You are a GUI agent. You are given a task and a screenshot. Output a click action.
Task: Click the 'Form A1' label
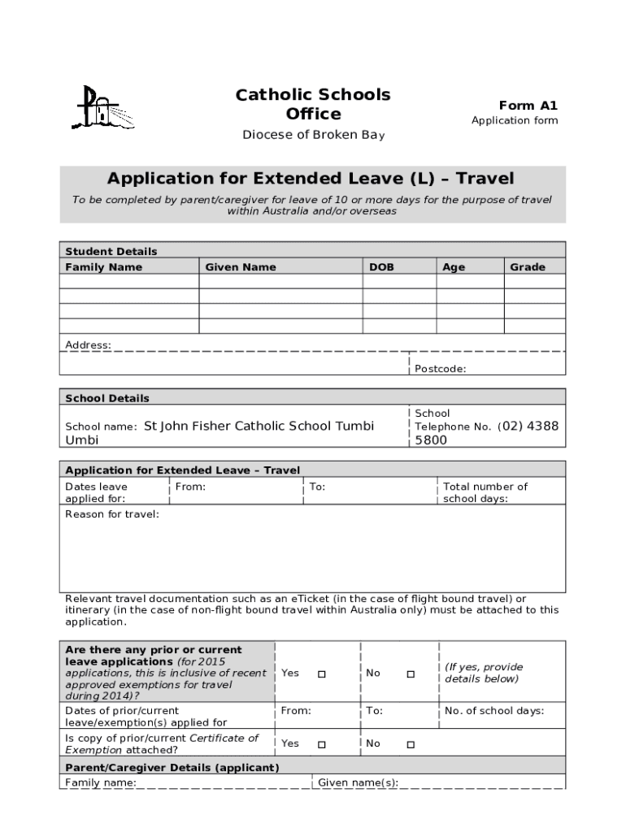(528, 105)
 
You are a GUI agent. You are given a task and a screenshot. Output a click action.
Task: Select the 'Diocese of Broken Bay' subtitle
(313, 135)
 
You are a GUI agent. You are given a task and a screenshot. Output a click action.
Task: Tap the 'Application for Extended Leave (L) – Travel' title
(311, 178)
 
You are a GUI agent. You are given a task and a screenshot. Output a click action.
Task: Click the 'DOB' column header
(381, 267)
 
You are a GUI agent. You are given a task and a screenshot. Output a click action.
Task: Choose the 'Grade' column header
(528, 267)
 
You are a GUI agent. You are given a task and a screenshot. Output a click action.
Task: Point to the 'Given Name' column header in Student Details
(241, 267)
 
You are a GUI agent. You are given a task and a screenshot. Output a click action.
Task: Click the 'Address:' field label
(88, 345)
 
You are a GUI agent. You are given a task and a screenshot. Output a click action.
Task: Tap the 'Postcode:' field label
(441, 369)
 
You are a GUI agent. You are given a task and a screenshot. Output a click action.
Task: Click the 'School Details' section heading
(107, 398)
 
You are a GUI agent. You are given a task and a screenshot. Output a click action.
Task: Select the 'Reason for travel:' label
(112, 514)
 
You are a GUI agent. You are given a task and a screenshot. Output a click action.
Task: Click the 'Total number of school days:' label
(485, 492)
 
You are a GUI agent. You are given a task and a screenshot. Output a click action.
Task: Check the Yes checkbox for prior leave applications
(321, 674)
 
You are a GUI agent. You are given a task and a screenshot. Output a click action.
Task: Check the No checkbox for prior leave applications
(411, 674)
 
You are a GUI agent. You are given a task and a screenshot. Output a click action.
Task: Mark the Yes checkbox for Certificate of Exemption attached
(321, 744)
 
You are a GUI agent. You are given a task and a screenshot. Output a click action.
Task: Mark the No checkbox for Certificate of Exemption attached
(411, 744)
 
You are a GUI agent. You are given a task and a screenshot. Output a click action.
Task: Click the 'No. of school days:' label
(494, 711)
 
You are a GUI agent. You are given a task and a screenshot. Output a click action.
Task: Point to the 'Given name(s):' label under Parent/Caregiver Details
(358, 783)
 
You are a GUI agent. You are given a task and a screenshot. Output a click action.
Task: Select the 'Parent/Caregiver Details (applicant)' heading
(172, 768)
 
